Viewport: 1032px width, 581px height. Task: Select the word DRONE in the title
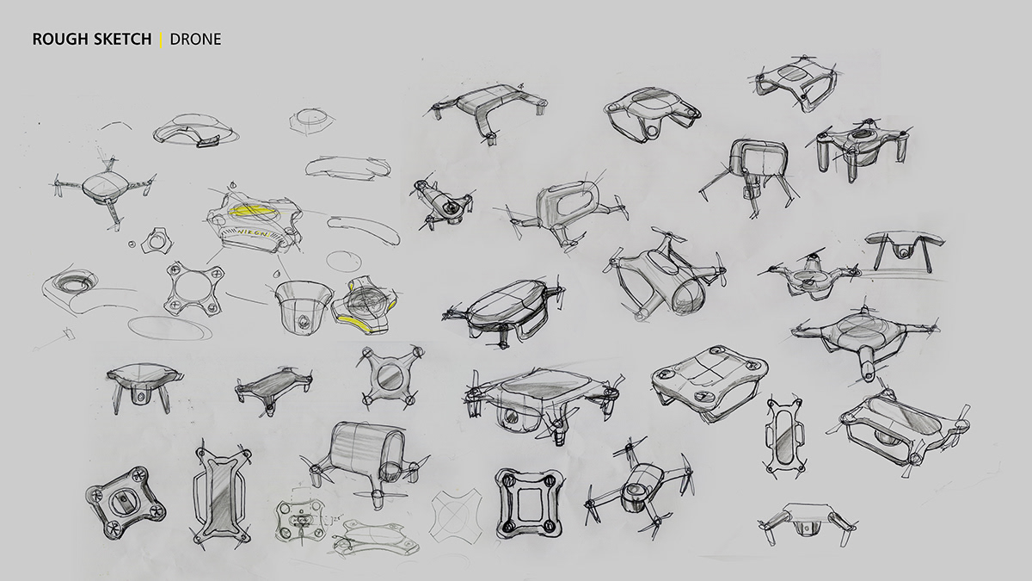coord(195,40)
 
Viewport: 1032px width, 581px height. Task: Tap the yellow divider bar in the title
coord(161,40)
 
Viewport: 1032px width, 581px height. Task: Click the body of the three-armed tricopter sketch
coord(106,187)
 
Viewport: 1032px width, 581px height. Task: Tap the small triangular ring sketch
coord(157,242)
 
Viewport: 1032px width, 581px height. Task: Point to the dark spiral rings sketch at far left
coord(67,283)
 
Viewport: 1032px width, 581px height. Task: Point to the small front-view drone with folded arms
coord(809,521)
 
